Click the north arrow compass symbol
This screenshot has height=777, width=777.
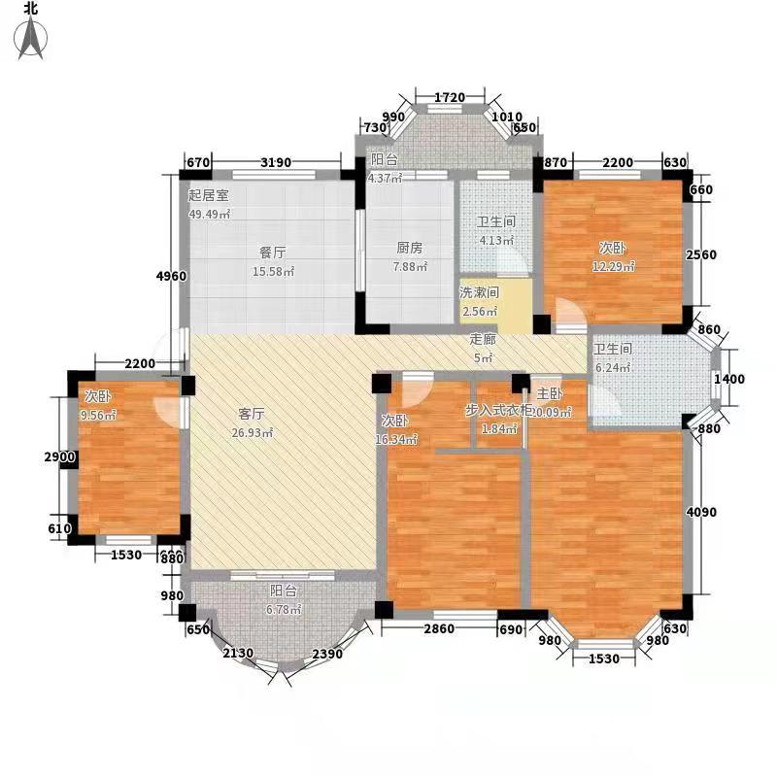click(33, 32)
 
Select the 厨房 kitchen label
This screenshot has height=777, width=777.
click(409, 248)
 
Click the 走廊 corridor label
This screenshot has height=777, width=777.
click(483, 340)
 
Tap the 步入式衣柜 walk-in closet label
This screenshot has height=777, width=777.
click(498, 411)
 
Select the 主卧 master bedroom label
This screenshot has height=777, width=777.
click(550, 395)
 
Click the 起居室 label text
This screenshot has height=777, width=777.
click(208, 194)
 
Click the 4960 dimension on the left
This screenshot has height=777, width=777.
click(170, 277)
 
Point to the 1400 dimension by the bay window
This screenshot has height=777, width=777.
click(730, 379)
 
